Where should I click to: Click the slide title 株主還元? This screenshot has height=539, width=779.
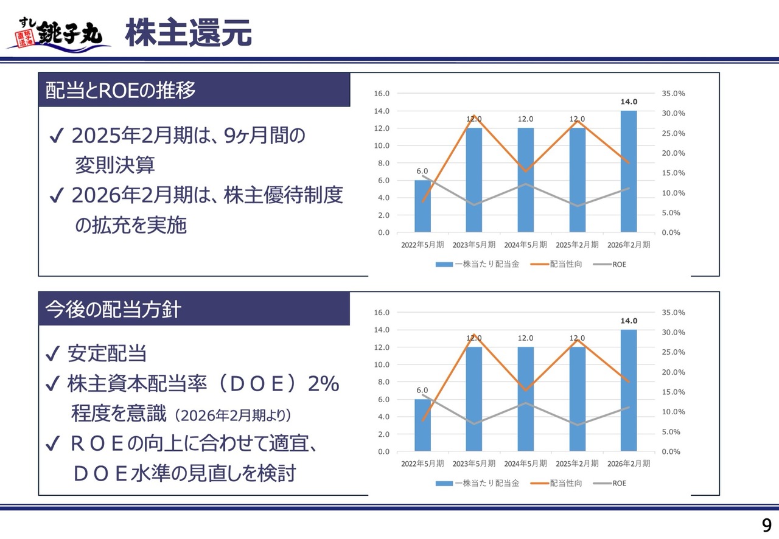(188, 33)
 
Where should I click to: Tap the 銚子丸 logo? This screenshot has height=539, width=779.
(60, 33)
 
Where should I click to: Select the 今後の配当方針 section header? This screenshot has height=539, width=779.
(113, 309)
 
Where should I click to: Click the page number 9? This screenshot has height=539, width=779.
(766, 525)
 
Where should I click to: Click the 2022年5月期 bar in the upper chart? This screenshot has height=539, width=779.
(422, 206)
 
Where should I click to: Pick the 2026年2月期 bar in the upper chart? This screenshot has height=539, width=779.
(629, 172)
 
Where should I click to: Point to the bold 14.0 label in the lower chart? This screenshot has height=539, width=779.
(629, 321)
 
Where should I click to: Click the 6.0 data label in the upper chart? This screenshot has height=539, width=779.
(422, 172)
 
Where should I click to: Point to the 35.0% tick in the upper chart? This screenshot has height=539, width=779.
(673, 94)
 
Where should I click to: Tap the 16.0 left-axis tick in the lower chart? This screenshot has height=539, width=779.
(382, 313)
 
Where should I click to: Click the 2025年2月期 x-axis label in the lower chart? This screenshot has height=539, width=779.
(577, 464)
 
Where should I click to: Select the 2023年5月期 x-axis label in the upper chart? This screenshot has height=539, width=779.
(473, 245)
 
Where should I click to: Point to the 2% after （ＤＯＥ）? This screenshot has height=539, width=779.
(323, 384)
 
